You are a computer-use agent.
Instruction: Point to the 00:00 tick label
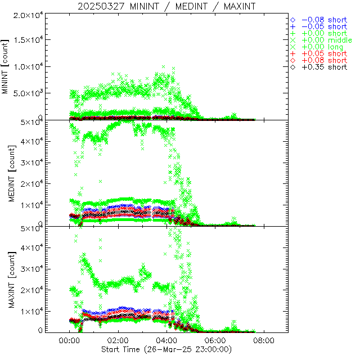pyautogui.click(x=69, y=341)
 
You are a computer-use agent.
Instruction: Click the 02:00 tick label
pyautogui.click(x=118, y=341)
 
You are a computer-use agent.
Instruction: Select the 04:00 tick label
pyautogui.click(x=166, y=341)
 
